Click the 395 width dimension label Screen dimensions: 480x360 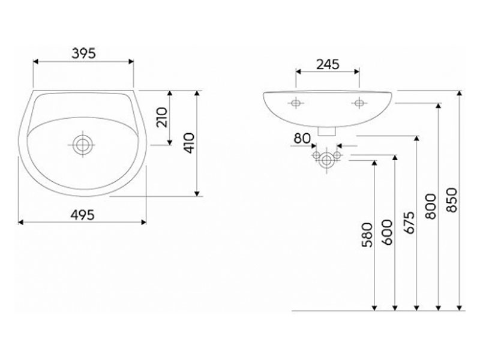click(x=83, y=53)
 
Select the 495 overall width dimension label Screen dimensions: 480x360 click(x=82, y=215)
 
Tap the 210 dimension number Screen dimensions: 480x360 click(x=162, y=117)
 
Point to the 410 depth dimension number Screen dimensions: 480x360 click(x=189, y=143)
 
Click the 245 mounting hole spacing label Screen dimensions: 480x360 click(x=328, y=64)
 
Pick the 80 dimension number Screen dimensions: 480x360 click(x=302, y=139)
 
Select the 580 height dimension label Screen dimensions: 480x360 click(x=367, y=235)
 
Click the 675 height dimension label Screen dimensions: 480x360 click(x=409, y=223)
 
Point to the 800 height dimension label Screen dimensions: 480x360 click(x=431, y=206)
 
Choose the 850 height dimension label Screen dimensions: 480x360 click(x=452, y=200)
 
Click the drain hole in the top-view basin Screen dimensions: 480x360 click(x=82, y=145)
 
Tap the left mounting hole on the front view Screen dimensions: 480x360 click(x=296, y=103)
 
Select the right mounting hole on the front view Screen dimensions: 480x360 click(x=359, y=103)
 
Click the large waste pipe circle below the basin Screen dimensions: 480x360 click(x=326, y=160)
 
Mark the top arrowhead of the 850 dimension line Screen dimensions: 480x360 click(x=459, y=93)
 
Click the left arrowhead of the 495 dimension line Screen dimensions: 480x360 click(x=21, y=222)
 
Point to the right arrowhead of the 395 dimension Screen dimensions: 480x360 click(x=131, y=62)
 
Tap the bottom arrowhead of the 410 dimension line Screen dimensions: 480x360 click(x=197, y=194)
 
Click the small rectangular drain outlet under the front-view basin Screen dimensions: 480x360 click(x=327, y=131)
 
